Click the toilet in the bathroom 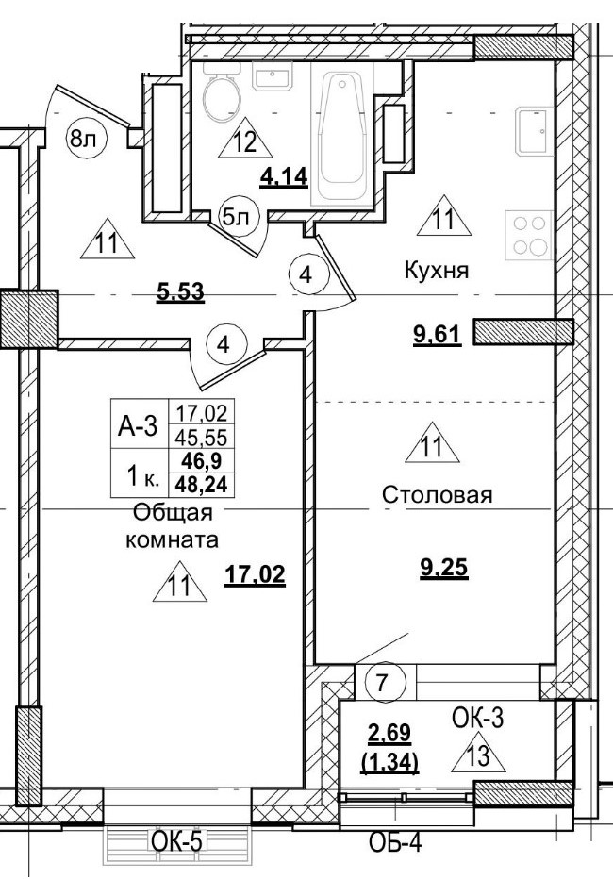coord(223,97)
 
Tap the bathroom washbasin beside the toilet coord(274,78)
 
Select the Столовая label coord(438,495)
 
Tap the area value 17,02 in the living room coord(255,575)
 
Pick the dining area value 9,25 coord(443,568)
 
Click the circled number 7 coord(382,681)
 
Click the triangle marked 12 coord(244,143)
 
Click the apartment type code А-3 coord(137,426)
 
